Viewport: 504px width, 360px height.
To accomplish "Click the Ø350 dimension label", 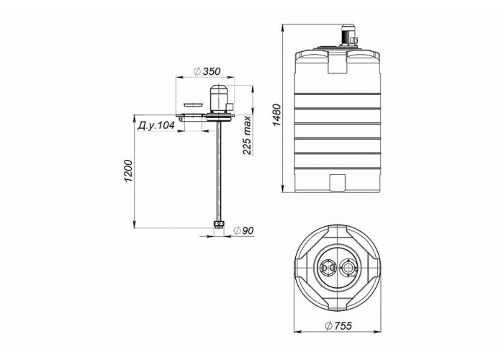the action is tap(207, 71).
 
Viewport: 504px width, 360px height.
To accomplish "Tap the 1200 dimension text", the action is tap(129, 171).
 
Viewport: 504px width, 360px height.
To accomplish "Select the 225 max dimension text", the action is tap(247, 135).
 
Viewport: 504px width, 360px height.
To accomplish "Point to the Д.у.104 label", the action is tap(156, 126).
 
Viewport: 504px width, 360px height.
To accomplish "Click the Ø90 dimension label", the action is tap(243, 230).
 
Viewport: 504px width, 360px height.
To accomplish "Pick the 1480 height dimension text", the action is tap(276, 115).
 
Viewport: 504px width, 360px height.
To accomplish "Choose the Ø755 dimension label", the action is tap(338, 325).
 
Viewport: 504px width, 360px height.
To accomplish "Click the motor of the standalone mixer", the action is tap(219, 99).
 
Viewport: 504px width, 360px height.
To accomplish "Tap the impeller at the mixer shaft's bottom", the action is tap(219, 224).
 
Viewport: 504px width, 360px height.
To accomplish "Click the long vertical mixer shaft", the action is tap(219, 171).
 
